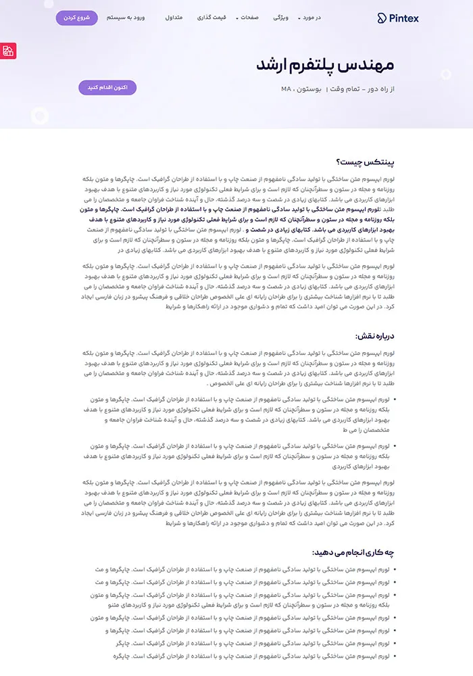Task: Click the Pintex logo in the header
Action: (398, 18)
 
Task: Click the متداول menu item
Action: (174, 18)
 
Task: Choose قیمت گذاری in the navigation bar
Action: (211, 18)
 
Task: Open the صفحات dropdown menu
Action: (247, 18)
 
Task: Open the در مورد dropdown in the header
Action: (310, 18)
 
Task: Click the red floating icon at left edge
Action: (8, 51)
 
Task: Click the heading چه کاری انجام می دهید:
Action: (353, 552)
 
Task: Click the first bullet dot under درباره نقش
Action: (395, 400)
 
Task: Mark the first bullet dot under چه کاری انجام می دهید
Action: (395, 570)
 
